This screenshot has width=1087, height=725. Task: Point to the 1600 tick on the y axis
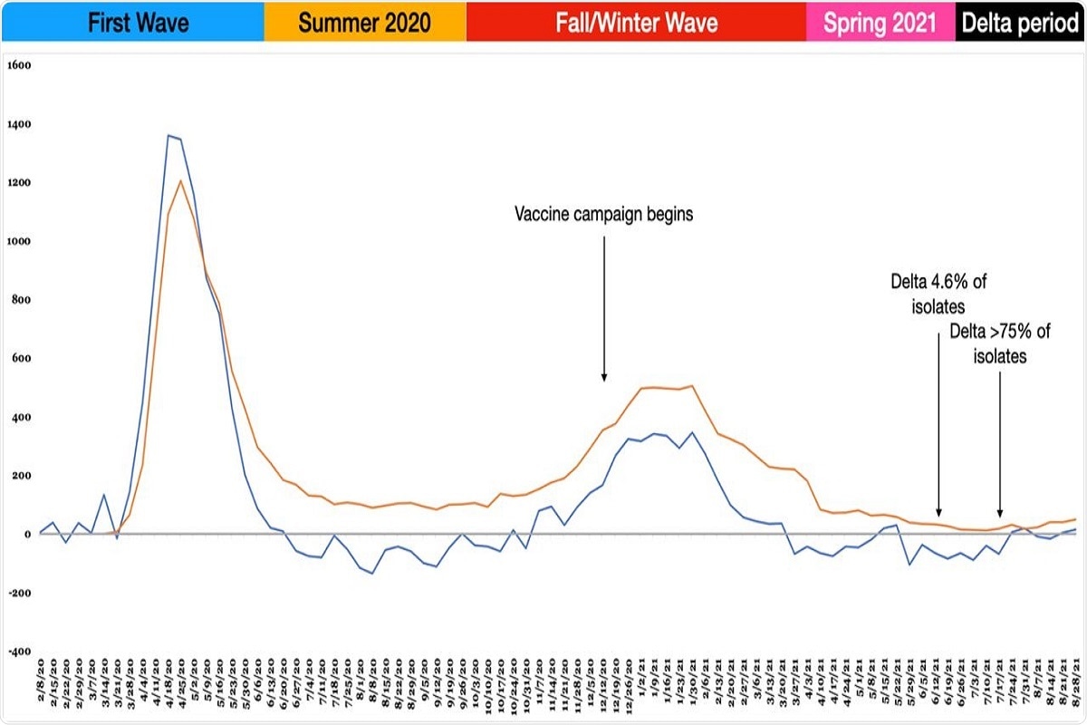coord(19,65)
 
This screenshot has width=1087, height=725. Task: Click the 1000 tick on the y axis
coord(19,241)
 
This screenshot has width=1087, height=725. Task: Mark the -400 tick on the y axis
coord(19,652)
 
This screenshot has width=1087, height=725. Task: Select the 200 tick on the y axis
coord(21,476)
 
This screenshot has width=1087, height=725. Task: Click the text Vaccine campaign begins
coord(603,216)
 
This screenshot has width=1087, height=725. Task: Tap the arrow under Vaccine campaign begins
coord(603,308)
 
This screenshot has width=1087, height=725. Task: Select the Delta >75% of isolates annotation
coord(1000,344)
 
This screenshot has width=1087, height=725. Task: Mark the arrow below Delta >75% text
coord(1000,444)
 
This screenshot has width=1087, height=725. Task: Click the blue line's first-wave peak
coord(168,136)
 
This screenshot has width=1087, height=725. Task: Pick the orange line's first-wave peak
coord(181,181)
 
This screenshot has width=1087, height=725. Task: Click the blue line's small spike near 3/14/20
coord(104,495)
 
